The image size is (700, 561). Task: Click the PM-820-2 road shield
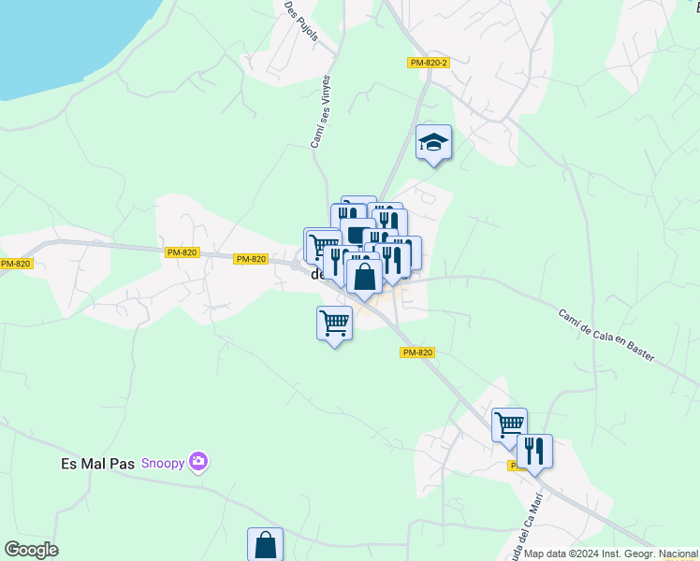(x=430, y=63)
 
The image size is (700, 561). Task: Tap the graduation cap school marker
(x=434, y=142)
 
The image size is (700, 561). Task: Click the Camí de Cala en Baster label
(x=606, y=336)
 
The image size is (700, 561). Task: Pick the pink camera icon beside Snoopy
(x=197, y=461)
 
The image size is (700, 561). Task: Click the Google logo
(x=31, y=550)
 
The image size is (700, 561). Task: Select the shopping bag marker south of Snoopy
(x=266, y=544)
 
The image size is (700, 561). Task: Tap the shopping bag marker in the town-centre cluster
(x=364, y=276)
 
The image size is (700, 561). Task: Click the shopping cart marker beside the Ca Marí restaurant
(x=509, y=424)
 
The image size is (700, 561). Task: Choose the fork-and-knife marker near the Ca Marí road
(x=534, y=451)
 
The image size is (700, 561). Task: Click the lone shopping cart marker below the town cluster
(x=334, y=324)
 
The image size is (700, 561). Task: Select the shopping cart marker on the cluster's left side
(x=322, y=247)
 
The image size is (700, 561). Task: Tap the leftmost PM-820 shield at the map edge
(x=16, y=264)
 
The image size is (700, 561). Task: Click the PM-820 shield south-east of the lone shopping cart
(x=417, y=352)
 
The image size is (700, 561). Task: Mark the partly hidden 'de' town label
(x=316, y=275)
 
